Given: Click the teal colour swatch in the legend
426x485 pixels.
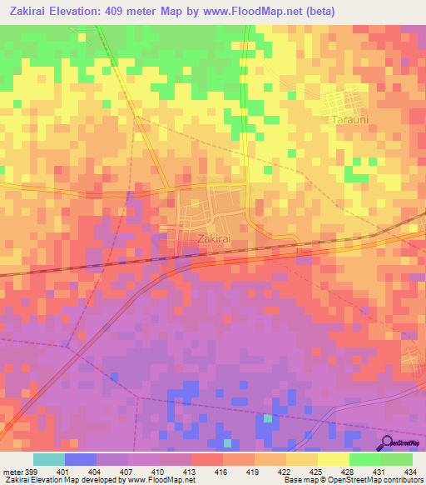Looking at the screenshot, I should (x=48, y=459).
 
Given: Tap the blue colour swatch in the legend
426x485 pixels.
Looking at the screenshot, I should (x=80, y=459).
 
